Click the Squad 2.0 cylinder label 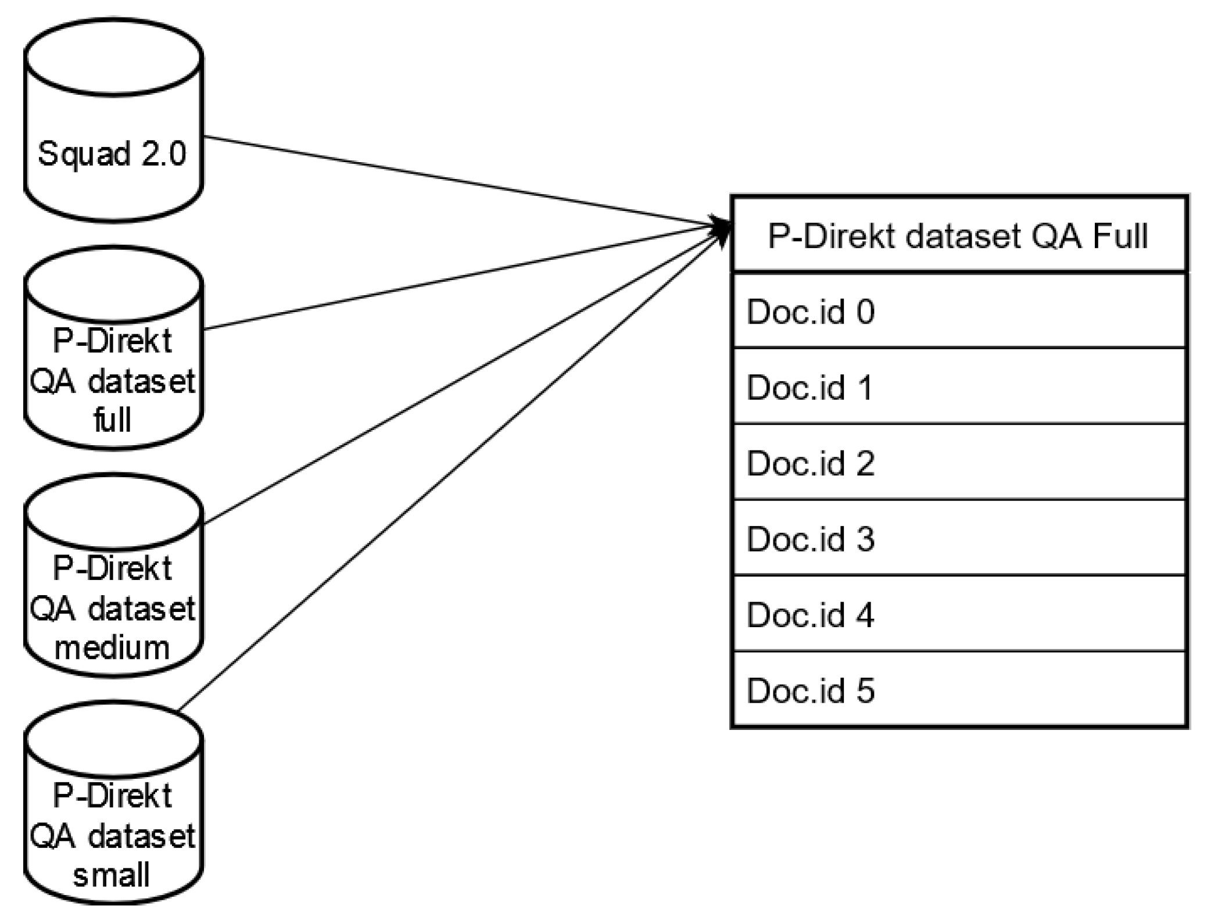point(112,154)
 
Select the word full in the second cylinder point(112,419)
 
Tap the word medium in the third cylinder point(112,647)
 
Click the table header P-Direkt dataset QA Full point(958,236)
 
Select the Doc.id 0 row point(958,312)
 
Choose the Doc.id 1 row point(958,387)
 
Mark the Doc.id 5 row point(958,690)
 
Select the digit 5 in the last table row point(866,690)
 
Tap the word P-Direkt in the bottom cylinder point(112,795)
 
